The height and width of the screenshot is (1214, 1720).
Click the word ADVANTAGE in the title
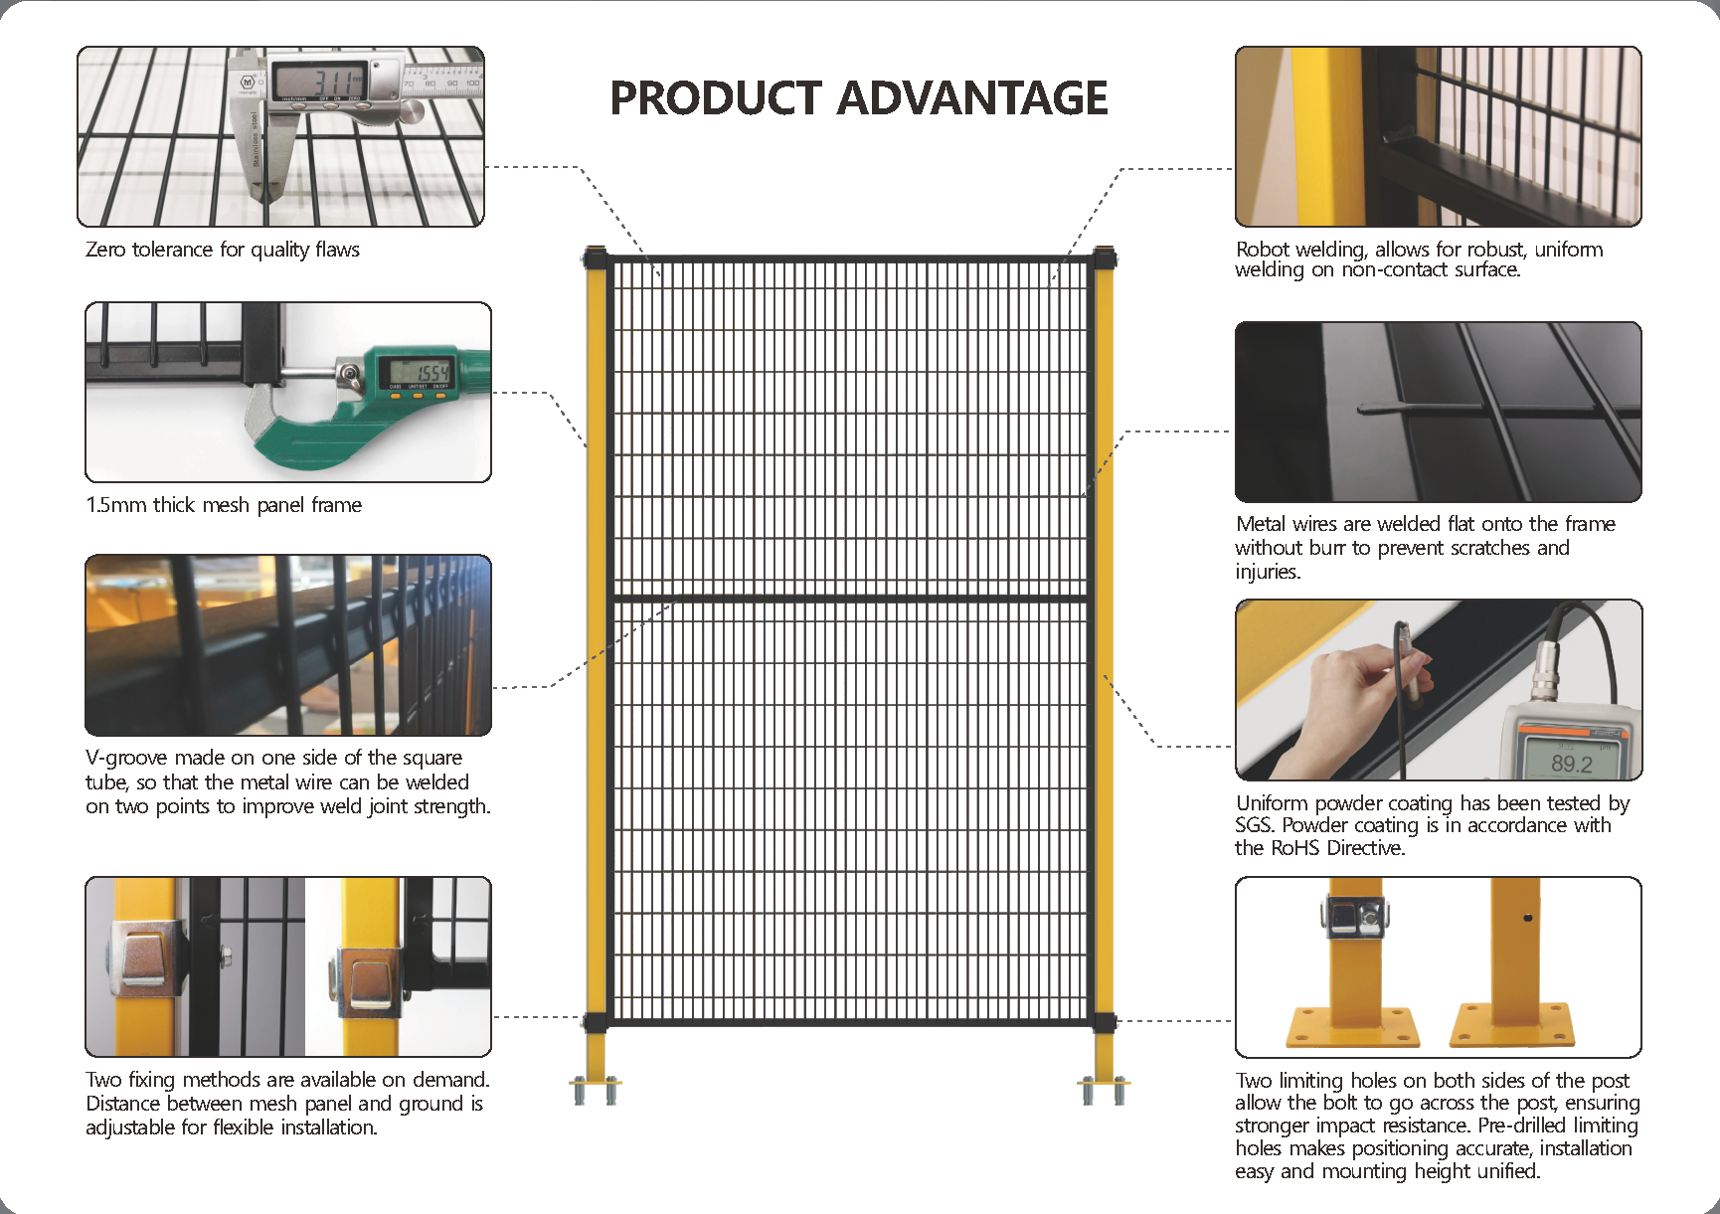tap(972, 98)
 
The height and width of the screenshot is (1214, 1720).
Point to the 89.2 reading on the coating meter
tap(1572, 763)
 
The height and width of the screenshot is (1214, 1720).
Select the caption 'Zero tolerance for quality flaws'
tap(223, 250)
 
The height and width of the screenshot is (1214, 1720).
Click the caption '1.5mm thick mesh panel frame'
tap(224, 505)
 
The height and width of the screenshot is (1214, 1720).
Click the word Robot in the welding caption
tap(1263, 249)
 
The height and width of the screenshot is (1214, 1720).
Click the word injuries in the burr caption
tap(1268, 572)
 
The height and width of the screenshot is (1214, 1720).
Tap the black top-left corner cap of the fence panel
tap(596, 259)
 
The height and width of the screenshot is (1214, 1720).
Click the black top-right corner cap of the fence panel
tap(1104, 259)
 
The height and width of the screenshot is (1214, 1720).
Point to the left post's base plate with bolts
tap(596, 1089)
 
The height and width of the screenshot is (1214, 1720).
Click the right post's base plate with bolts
tap(1105, 1089)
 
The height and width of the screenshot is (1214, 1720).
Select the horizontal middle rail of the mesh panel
tap(848, 599)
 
